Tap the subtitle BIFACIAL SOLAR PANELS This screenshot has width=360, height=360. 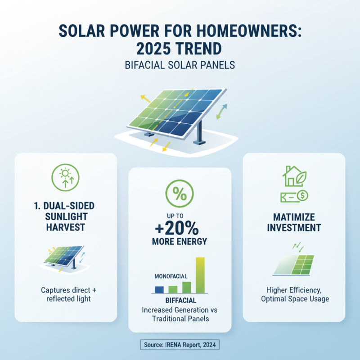coord(180,65)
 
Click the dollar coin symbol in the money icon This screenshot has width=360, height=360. coord(303,197)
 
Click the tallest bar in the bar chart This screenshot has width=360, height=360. coord(200,275)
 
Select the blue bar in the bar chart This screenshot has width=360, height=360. coord(159,289)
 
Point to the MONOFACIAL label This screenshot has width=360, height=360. coord(171,276)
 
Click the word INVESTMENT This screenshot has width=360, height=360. coord(294,227)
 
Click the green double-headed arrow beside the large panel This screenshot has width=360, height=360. coord(222,111)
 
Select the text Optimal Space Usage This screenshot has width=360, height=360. coord(294,299)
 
